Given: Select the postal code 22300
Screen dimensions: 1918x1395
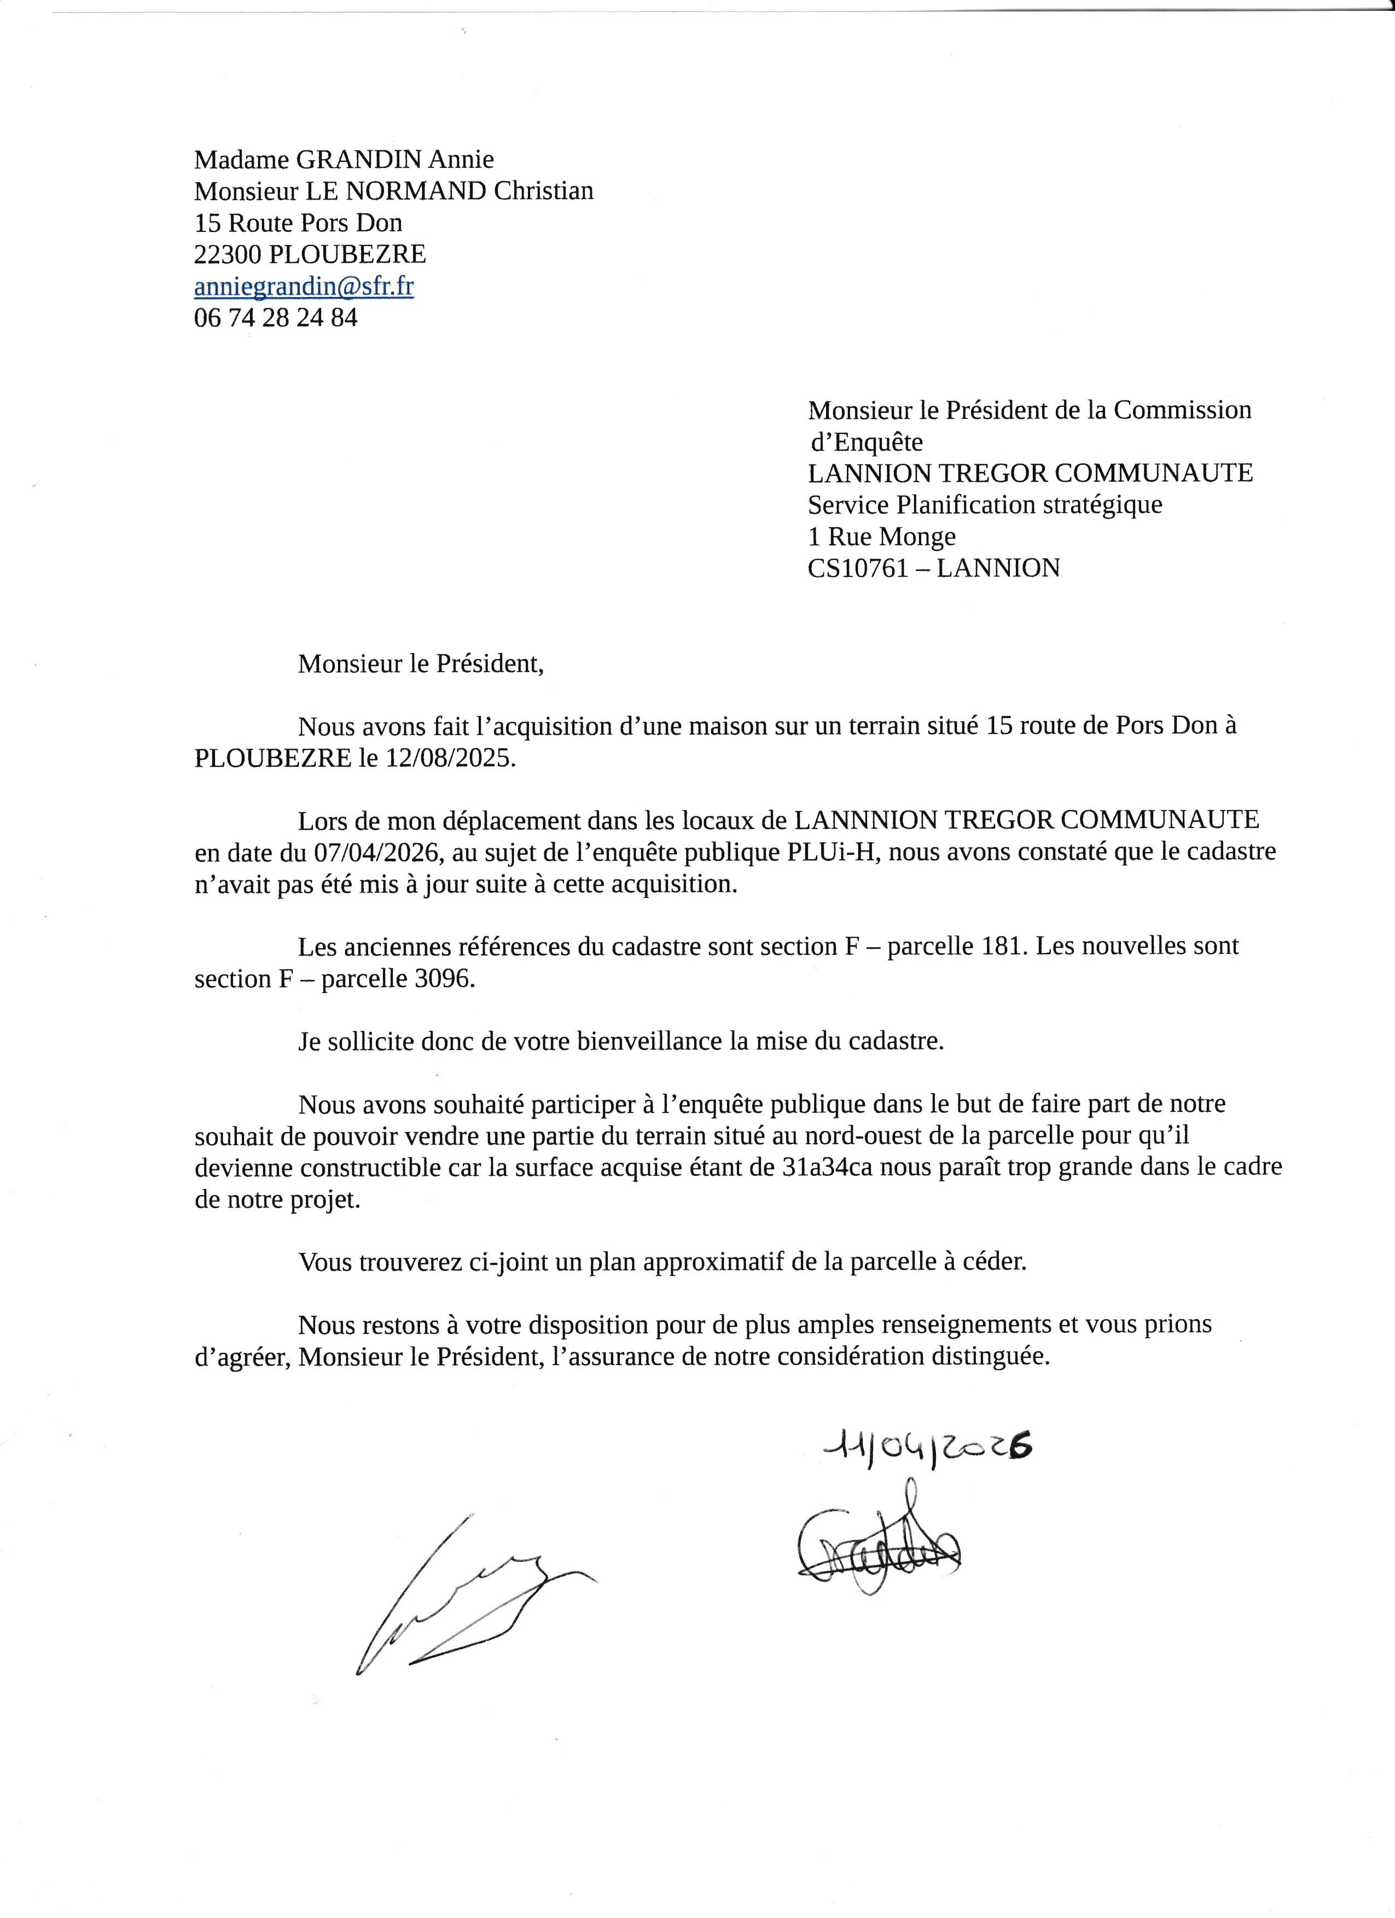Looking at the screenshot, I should click(x=228, y=254).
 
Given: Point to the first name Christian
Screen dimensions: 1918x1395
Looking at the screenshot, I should click(x=543, y=190).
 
